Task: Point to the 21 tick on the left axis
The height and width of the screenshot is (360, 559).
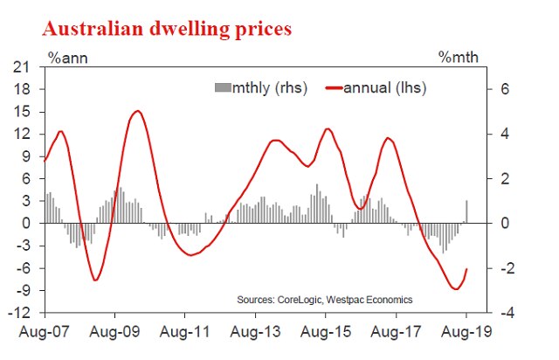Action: (x=26, y=67)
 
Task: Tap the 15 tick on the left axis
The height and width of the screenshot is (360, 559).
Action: (x=26, y=112)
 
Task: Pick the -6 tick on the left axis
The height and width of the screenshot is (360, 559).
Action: (x=26, y=268)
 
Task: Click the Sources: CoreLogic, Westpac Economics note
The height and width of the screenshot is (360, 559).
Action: (x=325, y=300)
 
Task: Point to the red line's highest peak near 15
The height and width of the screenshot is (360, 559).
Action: (x=137, y=111)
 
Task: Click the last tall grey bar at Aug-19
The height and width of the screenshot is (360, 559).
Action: (x=466, y=211)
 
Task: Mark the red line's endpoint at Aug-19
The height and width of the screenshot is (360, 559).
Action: (x=467, y=268)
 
